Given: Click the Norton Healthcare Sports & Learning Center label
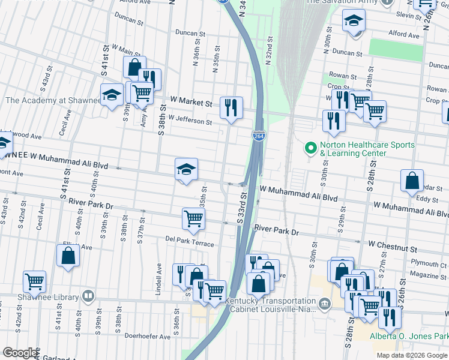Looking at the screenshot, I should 367,149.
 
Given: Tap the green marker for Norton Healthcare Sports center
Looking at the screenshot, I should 311,147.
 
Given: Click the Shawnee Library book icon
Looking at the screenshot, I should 88,296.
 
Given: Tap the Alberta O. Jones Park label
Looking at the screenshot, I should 408,336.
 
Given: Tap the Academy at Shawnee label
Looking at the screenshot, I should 53,101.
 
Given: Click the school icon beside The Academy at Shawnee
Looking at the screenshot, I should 112,95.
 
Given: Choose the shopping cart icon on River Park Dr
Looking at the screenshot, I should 193,218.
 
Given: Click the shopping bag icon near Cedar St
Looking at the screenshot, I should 412,180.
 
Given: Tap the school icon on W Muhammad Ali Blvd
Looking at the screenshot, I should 186,169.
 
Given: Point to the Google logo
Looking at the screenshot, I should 20,353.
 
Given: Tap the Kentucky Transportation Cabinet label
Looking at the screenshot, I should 271,305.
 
